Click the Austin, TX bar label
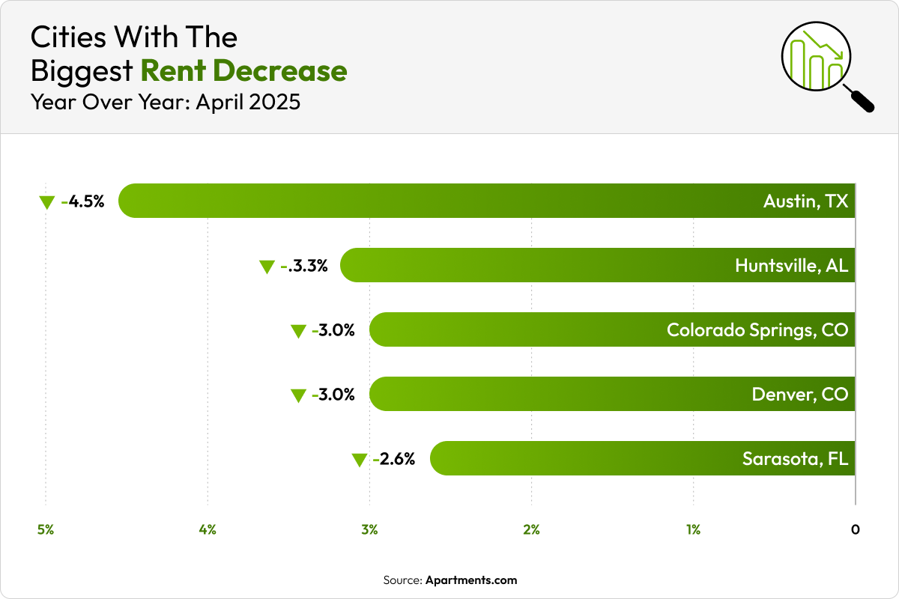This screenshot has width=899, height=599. tap(805, 201)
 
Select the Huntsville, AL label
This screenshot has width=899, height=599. tap(791, 265)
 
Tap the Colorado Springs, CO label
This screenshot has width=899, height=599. tap(757, 329)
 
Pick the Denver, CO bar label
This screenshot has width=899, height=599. tap(800, 394)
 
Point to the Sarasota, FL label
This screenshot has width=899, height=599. tap(795, 458)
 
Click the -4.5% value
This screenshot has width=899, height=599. tap(83, 201)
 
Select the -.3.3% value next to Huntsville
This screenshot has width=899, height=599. tap(304, 265)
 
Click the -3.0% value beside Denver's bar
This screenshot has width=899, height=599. tap(333, 394)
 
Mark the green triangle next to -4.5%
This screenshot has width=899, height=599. tap(47, 202)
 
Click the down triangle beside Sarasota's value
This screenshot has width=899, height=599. tap(359, 460)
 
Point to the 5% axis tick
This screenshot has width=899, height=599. tap(46, 530)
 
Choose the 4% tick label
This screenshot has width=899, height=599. tap(208, 530)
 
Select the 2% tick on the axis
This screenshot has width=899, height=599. tap(531, 530)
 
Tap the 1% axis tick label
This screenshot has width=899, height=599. tap(693, 530)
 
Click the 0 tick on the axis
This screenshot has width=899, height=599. tap(855, 530)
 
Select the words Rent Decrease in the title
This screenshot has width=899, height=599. tap(243, 70)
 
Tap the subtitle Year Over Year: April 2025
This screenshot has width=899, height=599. tap(165, 102)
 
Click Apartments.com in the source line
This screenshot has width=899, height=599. tap(471, 580)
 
